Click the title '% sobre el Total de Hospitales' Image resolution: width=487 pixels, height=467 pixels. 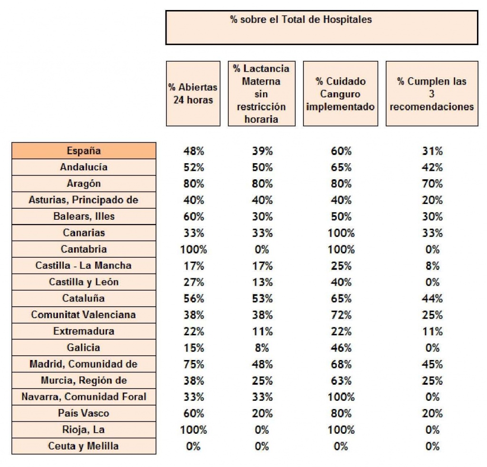tap(301, 19)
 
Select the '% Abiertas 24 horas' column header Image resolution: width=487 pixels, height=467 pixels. tap(193, 94)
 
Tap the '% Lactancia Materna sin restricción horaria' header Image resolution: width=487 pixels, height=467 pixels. tap(262, 94)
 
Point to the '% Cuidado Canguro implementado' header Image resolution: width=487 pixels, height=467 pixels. tap(341, 94)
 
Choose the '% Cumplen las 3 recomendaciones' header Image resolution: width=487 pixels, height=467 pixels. tap(432, 94)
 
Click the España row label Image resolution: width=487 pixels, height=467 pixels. tap(84, 151)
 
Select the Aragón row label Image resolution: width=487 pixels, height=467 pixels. tap(84, 184)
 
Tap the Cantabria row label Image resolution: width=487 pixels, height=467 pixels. tap(84, 249)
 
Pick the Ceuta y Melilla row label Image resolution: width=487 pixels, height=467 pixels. tap(84, 446)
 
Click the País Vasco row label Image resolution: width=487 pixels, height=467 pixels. tap(84, 413)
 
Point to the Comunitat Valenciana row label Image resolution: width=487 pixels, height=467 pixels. tap(84, 314)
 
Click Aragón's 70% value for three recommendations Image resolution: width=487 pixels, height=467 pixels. tap(432, 184)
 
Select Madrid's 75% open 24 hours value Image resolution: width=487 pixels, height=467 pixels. tap(194, 364)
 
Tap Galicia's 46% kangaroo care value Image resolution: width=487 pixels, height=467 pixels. tap(341, 348)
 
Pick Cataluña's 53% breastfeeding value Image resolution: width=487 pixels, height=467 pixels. tap(262, 299)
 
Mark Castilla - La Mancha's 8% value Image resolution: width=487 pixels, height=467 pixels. tap(432, 266)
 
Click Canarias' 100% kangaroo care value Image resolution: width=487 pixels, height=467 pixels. tap(341, 233)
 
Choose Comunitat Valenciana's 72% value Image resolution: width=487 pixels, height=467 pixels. tap(341, 315)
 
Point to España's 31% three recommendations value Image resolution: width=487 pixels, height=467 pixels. tap(432, 151)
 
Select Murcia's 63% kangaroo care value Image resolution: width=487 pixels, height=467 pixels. tap(341, 380)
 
